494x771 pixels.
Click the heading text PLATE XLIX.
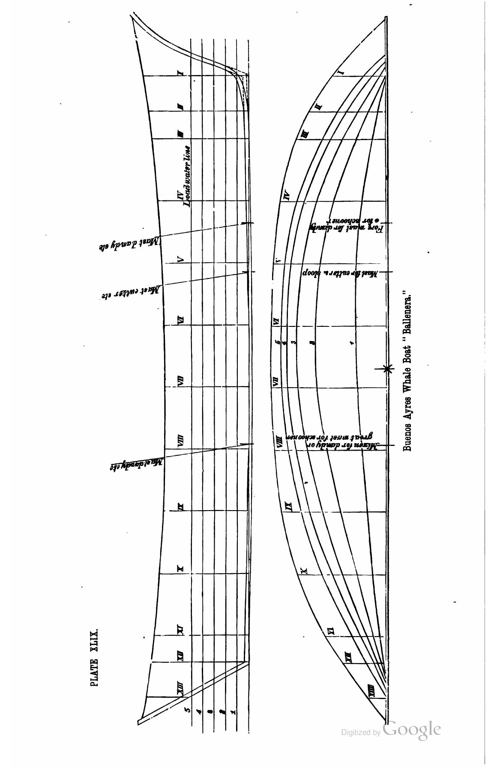95,657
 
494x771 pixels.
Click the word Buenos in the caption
407,437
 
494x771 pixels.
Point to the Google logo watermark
412,729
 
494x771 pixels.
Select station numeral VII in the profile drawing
181,380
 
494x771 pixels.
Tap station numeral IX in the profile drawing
181,507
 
